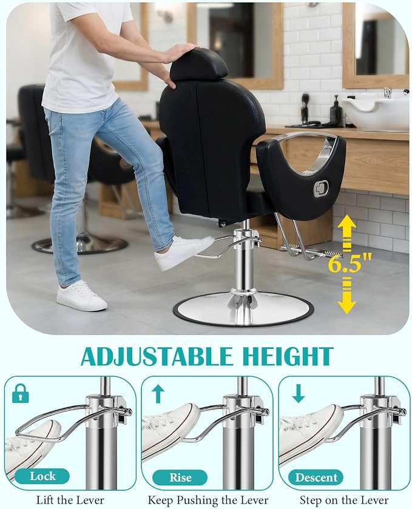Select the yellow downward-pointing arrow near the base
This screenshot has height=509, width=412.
(346, 296)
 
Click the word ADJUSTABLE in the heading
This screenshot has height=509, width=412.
(157, 356)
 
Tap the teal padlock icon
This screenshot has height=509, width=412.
(21, 393)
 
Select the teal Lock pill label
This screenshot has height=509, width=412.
(42, 476)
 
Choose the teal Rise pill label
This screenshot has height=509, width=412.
(180, 477)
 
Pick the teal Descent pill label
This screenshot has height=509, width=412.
(316, 477)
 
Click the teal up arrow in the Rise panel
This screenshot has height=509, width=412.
(158, 394)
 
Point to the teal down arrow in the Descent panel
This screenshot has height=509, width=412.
(298, 394)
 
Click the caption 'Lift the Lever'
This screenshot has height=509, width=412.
(70, 500)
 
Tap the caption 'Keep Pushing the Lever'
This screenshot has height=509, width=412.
(208, 500)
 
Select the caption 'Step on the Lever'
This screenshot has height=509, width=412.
(344, 500)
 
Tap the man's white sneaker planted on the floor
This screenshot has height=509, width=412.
(81, 296)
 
